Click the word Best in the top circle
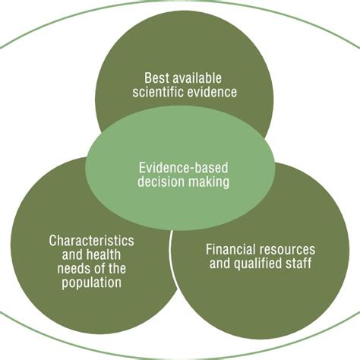[156, 77]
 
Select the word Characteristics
[91, 240]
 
